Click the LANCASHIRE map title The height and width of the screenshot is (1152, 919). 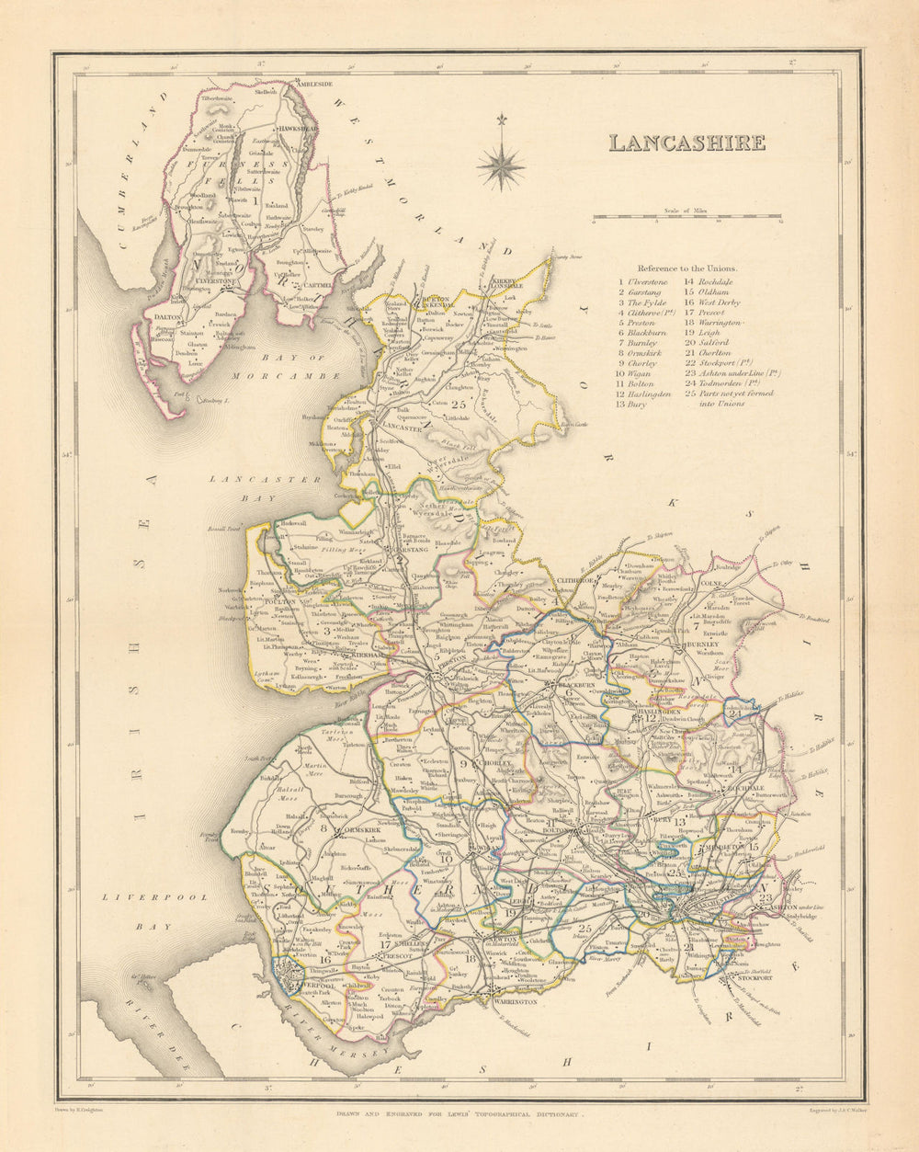click(x=686, y=143)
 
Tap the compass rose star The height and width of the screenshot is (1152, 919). click(x=501, y=166)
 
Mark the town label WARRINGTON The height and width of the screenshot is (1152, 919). click(x=510, y=1001)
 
